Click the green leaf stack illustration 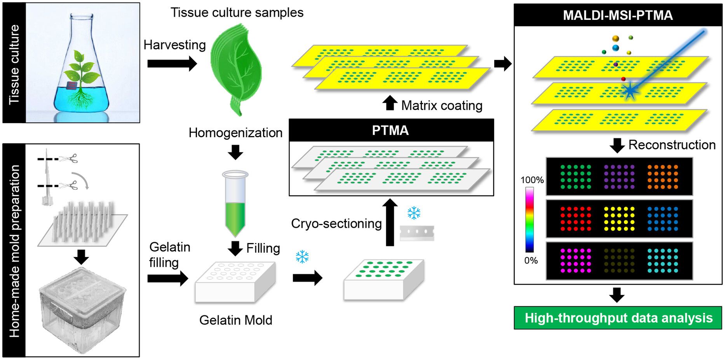(236, 68)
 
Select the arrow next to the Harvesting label (172, 63)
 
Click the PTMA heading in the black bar (390, 130)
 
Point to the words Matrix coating (442, 105)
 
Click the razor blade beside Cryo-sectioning (417, 232)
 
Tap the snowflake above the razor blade (414, 213)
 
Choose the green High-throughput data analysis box (618, 318)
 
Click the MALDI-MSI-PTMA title (618, 15)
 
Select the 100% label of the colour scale (532, 180)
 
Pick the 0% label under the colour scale (531, 260)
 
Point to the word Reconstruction (672, 145)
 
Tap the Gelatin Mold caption (235, 320)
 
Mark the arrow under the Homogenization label (235, 152)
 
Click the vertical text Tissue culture (14, 64)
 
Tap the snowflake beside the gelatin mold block (302, 257)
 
